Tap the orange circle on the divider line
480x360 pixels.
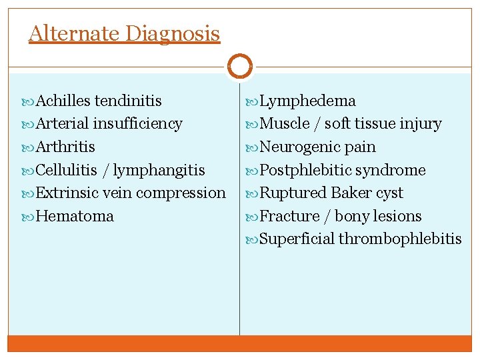[x=239, y=67]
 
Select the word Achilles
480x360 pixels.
[x=63, y=101]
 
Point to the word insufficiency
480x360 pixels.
[x=137, y=124]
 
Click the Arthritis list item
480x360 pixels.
[x=65, y=147]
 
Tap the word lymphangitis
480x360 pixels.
[x=159, y=170]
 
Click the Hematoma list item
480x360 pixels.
[x=75, y=216]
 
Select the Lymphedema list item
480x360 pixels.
[x=307, y=101]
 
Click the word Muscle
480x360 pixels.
[x=285, y=124]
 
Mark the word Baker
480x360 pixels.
[x=352, y=193]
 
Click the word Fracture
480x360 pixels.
[x=289, y=216]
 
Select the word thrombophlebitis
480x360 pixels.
[x=400, y=239]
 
